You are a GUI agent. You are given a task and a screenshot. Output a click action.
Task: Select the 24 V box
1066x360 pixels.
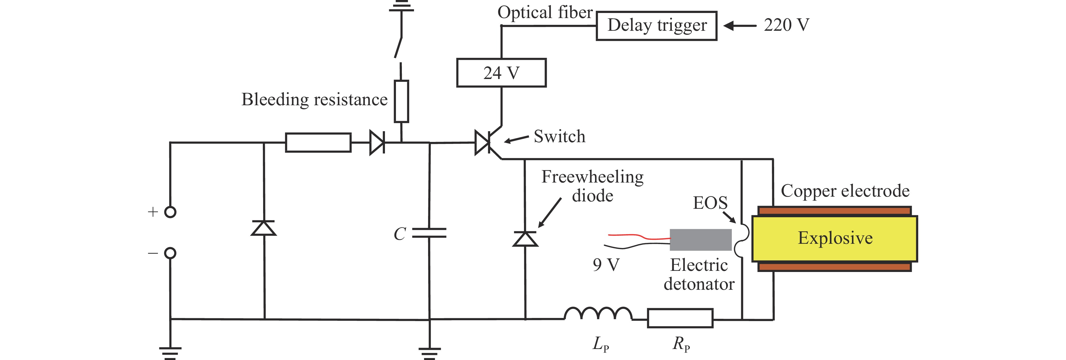pyautogui.click(x=501, y=73)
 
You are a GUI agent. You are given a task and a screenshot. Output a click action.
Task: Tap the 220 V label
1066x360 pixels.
pyautogui.click(x=786, y=25)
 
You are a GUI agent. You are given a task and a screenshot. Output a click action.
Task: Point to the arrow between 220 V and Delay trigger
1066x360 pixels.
pyautogui.click(x=740, y=26)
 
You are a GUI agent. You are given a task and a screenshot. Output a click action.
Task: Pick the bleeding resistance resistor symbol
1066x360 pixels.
pyautogui.click(x=401, y=101)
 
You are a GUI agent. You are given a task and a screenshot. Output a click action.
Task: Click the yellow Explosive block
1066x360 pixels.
pyautogui.click(x=835, y=238)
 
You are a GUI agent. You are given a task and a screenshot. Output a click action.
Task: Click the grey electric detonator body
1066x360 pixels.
pyautogui.click(x=701, y=240)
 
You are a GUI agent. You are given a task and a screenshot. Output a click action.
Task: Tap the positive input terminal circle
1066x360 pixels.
pyautogui.click(x=170, y=212)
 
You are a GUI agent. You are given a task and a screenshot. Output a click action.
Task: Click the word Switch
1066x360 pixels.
pyautogui.click(x=560, y=137)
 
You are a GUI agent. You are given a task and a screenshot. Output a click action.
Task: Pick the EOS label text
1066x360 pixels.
pyautogui.click(x=710, y=203)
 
